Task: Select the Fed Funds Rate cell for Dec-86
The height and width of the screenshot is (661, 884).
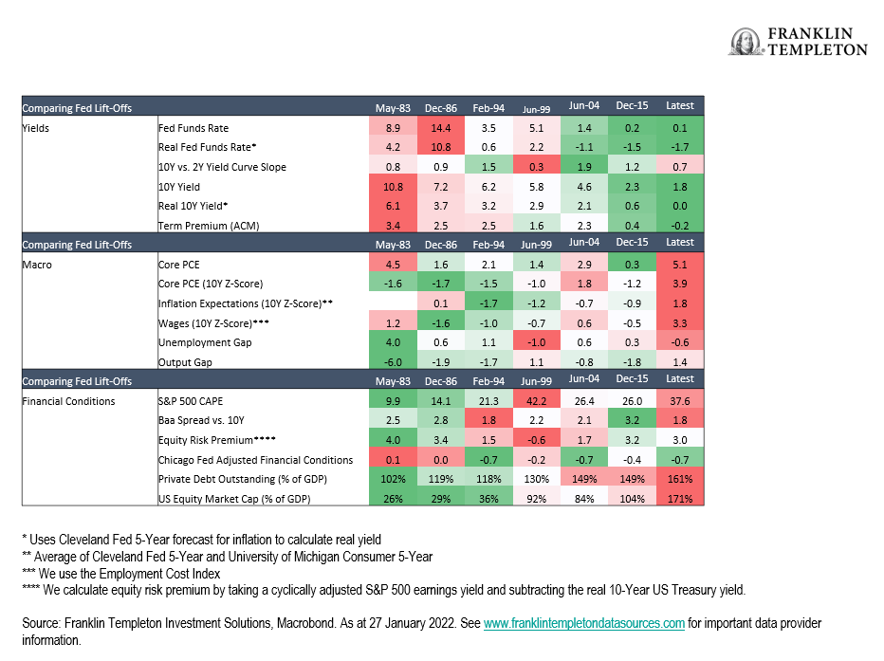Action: (441, 128)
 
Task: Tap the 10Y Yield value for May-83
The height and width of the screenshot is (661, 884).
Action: (393, 187)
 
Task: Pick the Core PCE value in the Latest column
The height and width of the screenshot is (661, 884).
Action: (680, 265)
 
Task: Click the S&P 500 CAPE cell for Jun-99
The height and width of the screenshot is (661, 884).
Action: (536, 400)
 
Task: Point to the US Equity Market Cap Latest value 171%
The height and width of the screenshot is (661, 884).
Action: (680, 499)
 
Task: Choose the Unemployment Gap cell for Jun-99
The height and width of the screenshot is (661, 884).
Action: (536, 342)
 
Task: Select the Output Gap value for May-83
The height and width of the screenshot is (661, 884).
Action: (393, 362)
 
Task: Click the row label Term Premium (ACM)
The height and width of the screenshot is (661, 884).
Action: (209, 226)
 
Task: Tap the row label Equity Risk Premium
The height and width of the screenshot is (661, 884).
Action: (216, 439)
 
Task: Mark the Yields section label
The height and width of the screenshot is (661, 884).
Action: (35, 128)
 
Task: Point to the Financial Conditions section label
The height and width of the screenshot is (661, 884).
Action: (68, 400)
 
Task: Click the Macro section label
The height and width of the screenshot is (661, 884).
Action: (37, 265)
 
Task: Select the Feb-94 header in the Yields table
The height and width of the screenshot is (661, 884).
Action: (488, 108)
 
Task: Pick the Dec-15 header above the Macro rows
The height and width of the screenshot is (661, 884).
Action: (632, 242)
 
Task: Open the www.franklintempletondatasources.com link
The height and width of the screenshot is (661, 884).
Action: (584, 623)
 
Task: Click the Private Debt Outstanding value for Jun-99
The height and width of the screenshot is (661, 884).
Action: (536, 479)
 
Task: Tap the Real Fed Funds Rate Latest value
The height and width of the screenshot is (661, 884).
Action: (680, 147)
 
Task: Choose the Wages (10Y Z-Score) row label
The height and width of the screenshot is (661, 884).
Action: (213, 322)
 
